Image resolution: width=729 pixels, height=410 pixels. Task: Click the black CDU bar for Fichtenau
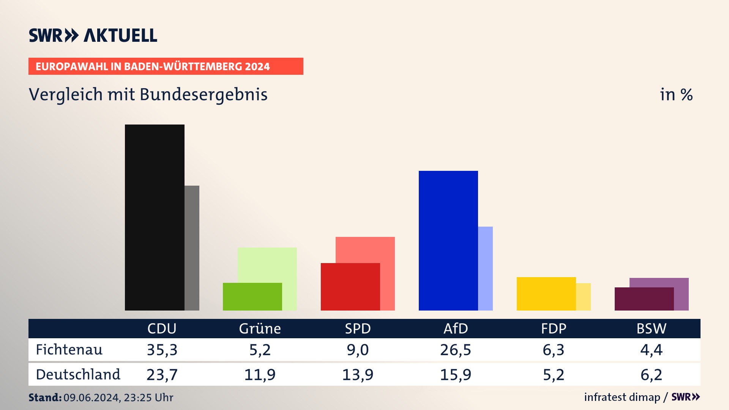155,217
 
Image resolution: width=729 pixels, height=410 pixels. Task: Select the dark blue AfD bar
448,240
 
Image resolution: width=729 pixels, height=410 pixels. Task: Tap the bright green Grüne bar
252,296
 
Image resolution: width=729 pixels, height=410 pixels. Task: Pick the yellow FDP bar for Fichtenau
546,293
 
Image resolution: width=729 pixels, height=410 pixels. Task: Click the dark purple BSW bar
644,299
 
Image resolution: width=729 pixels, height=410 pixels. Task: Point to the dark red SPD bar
350,287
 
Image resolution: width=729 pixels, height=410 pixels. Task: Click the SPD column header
358,328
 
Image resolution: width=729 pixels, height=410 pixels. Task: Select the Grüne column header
260,328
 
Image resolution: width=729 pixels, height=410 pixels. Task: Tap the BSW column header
651,328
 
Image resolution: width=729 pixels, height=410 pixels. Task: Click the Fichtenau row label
69,350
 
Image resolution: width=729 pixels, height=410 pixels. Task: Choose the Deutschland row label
78,375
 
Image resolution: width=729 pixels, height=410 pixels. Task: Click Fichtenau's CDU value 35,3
162,350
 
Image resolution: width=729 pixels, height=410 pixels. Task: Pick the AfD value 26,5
456,350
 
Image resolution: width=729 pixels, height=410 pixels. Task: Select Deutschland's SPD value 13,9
358,375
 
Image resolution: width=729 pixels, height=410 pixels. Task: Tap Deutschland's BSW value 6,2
651,375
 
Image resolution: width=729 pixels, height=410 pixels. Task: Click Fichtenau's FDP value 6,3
554,350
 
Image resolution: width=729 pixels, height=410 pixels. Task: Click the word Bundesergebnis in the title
204,95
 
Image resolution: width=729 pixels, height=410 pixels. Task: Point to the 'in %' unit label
676,95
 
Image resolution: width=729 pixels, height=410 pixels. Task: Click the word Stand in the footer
45,397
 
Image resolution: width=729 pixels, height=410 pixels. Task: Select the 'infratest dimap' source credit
622,397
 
